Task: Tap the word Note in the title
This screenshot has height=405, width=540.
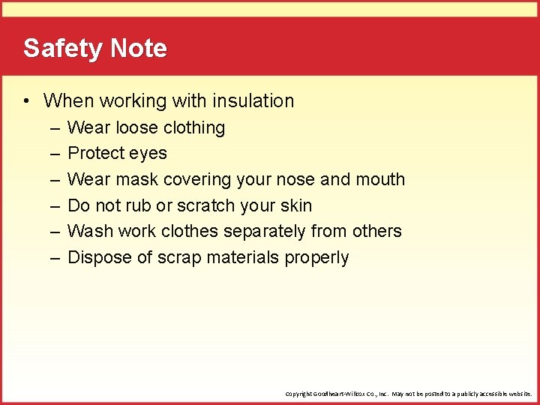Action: point(139,48)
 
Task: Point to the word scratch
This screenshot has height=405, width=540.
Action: point(205,205)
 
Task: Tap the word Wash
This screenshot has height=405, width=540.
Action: point(90,231)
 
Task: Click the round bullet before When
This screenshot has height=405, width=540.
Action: point(26,101)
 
